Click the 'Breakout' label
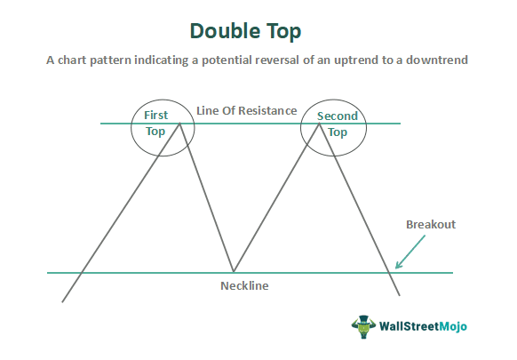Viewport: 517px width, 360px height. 430,225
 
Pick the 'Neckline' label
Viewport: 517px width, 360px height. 244,286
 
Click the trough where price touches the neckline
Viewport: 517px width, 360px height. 233,272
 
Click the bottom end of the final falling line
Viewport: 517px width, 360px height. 401,296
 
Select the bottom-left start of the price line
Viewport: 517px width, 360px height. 62,302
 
